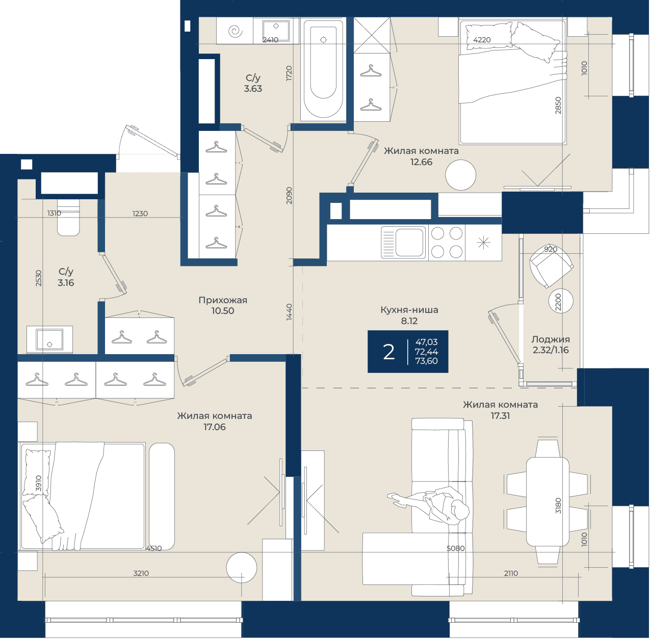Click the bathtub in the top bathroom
tap(323, 69)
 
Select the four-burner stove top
tap(447, 243)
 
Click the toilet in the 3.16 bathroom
tap(68, 218)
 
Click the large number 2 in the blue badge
tap(388, 352)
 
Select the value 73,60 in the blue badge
tap(426, 361)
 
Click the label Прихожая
tap(223, 300)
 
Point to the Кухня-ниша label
tap(409, 310)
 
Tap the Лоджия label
tap(551, 339)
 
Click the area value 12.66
tap(421, 162)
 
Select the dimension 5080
tap(455, 549)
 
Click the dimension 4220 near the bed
tap(482, 40)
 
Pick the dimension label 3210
tap(141, 573)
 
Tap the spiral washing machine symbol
tap(235, 32)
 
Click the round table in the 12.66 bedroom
tap(460, 175)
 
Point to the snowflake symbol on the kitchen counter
tap(483, 243)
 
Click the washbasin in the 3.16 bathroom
tap(49, 339)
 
